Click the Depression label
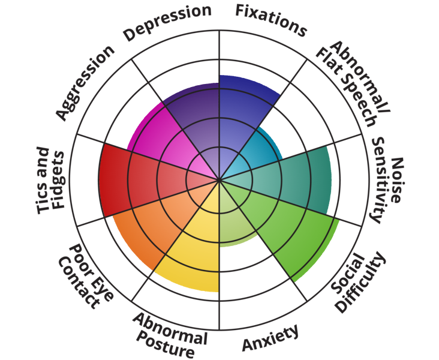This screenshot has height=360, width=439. click(x=167, y=23)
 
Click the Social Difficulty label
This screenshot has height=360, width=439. click(x=359, y=282)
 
